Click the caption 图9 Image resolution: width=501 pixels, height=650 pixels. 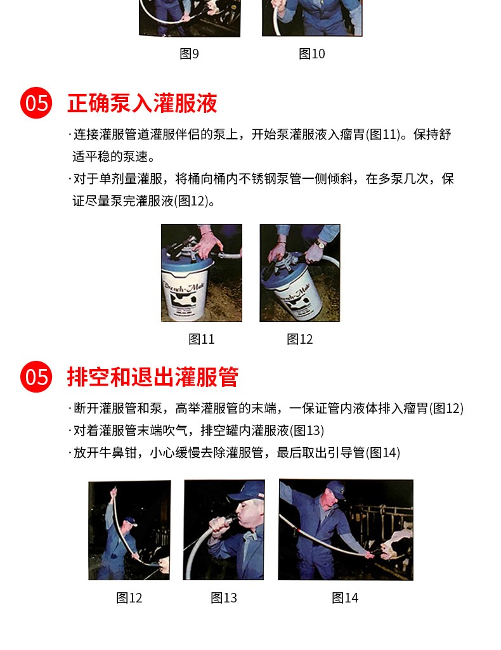click(x=189, y=53)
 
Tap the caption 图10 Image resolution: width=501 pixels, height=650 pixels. click(x=311, y=53)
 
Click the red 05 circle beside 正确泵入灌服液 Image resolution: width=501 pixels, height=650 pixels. click(x=37, y=102)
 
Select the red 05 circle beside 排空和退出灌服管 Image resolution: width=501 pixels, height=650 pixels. click(x=37, y=377)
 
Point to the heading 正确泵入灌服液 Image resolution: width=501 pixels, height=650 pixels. click(x=142, y=103)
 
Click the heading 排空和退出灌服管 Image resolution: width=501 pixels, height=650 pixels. click(x=153, y=377)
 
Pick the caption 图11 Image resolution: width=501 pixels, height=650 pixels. click(x=202, y=339)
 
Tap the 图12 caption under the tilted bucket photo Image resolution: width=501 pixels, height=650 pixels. click(x=299, y=339)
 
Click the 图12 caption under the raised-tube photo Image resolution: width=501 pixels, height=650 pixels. click(x=129, y=598)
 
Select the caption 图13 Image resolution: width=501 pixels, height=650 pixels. click(x=224, y=598)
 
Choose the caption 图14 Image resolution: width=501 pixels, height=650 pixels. click(x=345, y=598)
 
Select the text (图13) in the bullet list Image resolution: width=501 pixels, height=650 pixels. click(x=307, y=431)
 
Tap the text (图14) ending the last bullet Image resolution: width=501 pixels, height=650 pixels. click(x=383, y=452)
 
